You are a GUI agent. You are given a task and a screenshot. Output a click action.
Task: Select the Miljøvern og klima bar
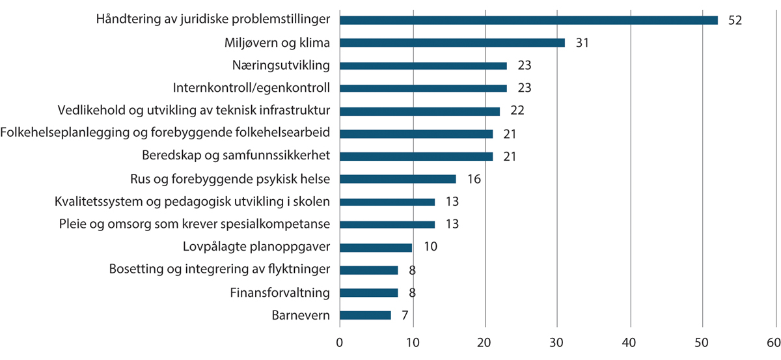coord(452,43)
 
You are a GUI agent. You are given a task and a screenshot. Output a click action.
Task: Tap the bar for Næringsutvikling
coord(423,66)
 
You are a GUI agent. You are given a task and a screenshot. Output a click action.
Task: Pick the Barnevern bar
coord(365,315)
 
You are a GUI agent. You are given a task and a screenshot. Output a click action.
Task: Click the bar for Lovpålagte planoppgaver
coord(376,247)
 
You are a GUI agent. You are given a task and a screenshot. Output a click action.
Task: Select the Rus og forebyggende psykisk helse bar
coord(398,179)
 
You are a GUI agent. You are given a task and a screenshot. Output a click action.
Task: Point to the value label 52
coord(735,20)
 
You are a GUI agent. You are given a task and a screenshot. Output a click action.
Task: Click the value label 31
coord(582,43)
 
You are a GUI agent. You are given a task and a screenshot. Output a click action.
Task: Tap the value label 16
coord(473,179)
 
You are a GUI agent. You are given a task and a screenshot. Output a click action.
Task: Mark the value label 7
coord(404,316)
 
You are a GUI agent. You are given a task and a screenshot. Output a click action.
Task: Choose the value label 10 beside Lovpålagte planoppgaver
coord(430,247)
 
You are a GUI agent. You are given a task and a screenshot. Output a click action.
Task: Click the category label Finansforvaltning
coord(280,293)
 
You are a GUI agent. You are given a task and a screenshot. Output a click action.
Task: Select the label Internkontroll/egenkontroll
coord(251,88)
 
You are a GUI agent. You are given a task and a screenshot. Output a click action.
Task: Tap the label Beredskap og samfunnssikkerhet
coord(236,156)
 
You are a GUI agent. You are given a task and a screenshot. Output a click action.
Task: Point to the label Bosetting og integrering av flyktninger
coord(219,270)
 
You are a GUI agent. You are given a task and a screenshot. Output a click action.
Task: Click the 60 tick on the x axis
coord(774,343)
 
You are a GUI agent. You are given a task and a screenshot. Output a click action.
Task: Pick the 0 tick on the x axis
coord(340,343)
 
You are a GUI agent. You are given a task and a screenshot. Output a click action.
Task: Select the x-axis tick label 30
coord(557,343)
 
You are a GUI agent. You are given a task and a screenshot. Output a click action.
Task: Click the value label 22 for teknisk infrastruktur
coord(517,111)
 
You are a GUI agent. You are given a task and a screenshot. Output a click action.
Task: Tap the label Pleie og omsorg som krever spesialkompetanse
coord(193,225)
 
